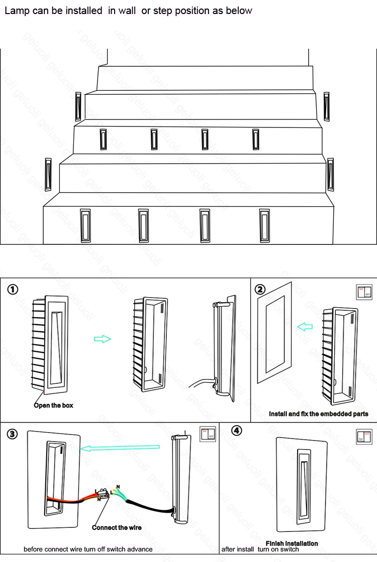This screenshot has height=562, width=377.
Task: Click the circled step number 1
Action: tap(13, 290)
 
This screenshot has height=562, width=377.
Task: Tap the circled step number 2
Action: tap(260, 289)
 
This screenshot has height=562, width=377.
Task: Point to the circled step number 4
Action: tap(237, 431)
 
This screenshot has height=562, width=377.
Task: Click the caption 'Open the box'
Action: tap(54, 405)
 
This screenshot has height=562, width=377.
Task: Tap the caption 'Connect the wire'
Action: tap(117, 527)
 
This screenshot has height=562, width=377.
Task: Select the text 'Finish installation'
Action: tap(292, 543)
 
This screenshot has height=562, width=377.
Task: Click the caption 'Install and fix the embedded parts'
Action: tap(318, 414)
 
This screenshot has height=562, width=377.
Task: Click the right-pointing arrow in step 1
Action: tap(103, 339)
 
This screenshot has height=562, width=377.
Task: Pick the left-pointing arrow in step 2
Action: tap(305, 327)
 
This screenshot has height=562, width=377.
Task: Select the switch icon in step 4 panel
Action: tap(364, 436)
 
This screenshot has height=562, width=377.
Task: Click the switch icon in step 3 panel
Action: tap(207, 435)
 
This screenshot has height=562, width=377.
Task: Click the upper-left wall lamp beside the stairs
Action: tap(78, 106)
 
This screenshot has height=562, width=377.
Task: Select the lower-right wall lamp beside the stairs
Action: tap(330, 174)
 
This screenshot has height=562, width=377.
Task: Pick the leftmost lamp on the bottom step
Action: tap(85, 226)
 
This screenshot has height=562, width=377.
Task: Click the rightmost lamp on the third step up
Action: tap(256, 139)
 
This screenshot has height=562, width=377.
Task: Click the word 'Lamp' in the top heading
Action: tap(17, 11)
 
